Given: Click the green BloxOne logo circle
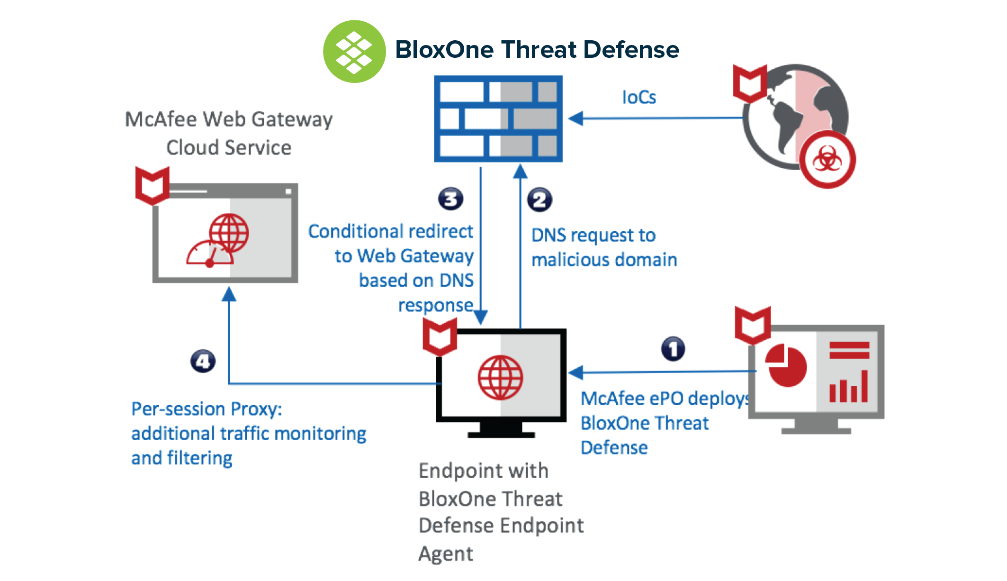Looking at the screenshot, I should pos(354,51).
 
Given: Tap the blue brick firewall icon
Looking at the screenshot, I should pos(498,118).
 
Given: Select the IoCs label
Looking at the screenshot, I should pos(639,98).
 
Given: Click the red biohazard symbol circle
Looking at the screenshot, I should pos(827,160).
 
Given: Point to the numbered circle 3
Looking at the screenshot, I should pos(450,199).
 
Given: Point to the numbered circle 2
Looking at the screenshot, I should pos(539,200).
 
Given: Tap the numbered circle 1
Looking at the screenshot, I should pos(673,349).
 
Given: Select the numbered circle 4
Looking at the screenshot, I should pos(203,362).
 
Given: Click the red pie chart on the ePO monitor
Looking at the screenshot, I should pos(786,366).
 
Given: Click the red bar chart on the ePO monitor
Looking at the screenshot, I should pos(849,386).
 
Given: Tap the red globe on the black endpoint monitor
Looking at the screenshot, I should pos(500,378).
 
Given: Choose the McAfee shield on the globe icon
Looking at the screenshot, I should pos(750,83).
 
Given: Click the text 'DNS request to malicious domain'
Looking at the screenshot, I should pos(604,247).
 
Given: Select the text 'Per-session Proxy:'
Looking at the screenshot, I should pos(207,409).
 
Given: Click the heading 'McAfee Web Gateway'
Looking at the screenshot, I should pos(229,119).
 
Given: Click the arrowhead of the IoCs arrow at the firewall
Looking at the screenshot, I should pos(575,118).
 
